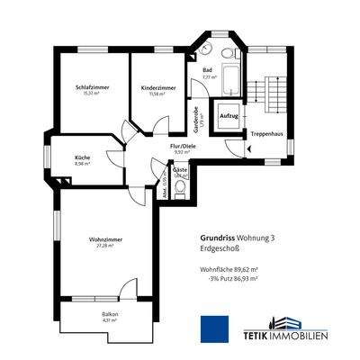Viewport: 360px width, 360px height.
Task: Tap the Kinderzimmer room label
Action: click(158, 87)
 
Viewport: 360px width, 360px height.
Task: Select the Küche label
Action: click(83, 157)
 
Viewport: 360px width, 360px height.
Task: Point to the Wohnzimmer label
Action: click(105, 238)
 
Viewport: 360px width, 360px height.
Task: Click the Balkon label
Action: click(110, 314)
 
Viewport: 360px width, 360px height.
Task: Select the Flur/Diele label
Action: click(183, 146)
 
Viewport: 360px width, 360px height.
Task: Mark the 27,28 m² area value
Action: click(105, 246)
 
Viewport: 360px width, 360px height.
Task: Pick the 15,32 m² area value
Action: click(90, 93)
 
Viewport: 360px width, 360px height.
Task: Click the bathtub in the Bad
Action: click(230, 80)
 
